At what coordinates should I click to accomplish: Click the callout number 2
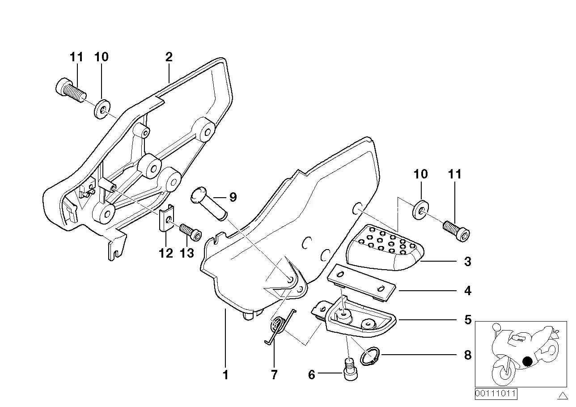click(x=169, y=57)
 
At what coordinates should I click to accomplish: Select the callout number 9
click(x=233, y=197)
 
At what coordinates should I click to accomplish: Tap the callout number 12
click(x=165, y=254)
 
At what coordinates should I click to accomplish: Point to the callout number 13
click(x=187, y=254)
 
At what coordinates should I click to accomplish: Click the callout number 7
click(x=274, y=375)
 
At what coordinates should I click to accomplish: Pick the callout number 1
click(x=225, y=375)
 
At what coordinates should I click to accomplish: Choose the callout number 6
click(x=312, y=375)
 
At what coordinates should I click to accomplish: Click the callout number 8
click(x=467, y=356)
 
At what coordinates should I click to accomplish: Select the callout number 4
click(x=467, y=291)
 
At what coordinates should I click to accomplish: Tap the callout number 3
click(x=467, y=262)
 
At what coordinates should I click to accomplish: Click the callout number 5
click(x=467, y=320)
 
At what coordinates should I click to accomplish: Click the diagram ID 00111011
click(x=495, y=394)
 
